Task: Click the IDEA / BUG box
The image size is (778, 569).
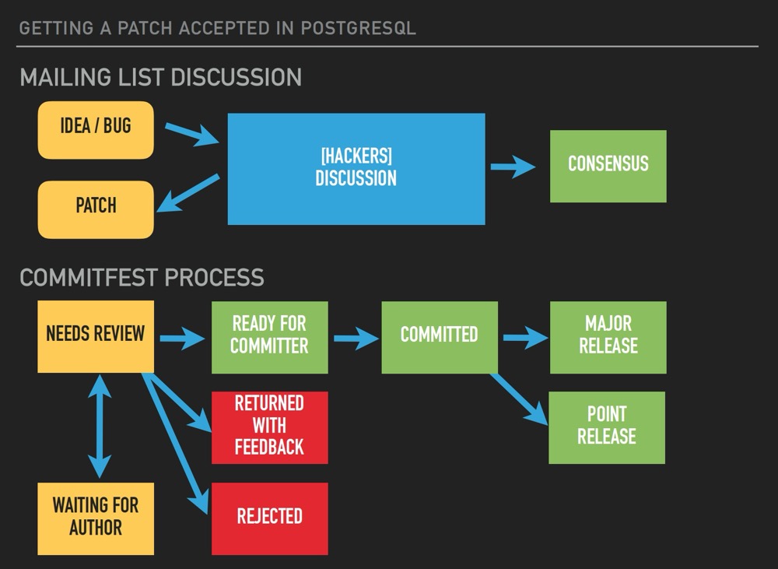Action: coord(96,130)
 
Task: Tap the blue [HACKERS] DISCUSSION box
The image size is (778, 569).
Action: coord(356,168)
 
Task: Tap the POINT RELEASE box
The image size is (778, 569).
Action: coord(607,427)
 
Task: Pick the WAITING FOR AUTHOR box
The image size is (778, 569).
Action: coord(96,518)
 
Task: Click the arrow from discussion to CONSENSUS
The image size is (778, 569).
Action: coord(513,167)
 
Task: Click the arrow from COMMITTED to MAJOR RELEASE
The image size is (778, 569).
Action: coord(526,338)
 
